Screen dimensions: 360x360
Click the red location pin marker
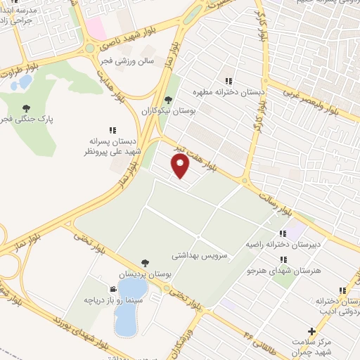[181, 166]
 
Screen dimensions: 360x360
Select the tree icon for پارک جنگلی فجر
[26, 108]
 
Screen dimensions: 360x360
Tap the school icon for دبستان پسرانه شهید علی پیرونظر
[112, 130]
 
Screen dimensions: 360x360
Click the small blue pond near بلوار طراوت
[25, 82]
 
